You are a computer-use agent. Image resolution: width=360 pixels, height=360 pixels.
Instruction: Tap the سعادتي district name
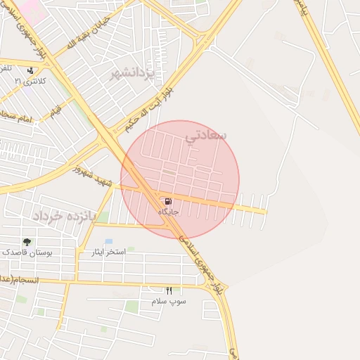tap(205, 134)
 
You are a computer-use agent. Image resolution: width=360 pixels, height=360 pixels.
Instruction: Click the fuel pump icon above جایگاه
tap(167, 202)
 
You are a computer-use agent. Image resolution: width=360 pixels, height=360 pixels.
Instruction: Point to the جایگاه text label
tap(168, 212)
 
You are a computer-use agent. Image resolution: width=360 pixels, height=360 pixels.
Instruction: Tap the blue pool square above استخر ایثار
tap(108, 242)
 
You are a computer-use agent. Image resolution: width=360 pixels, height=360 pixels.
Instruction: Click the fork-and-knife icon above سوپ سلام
tap(169, 290)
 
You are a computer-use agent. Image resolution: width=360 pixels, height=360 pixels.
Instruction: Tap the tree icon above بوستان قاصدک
tap(27, 242)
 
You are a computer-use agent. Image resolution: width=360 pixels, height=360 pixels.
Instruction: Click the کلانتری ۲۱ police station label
tap(30, 82)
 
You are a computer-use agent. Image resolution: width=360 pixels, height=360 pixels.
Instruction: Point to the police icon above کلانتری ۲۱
tap(30, 71)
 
